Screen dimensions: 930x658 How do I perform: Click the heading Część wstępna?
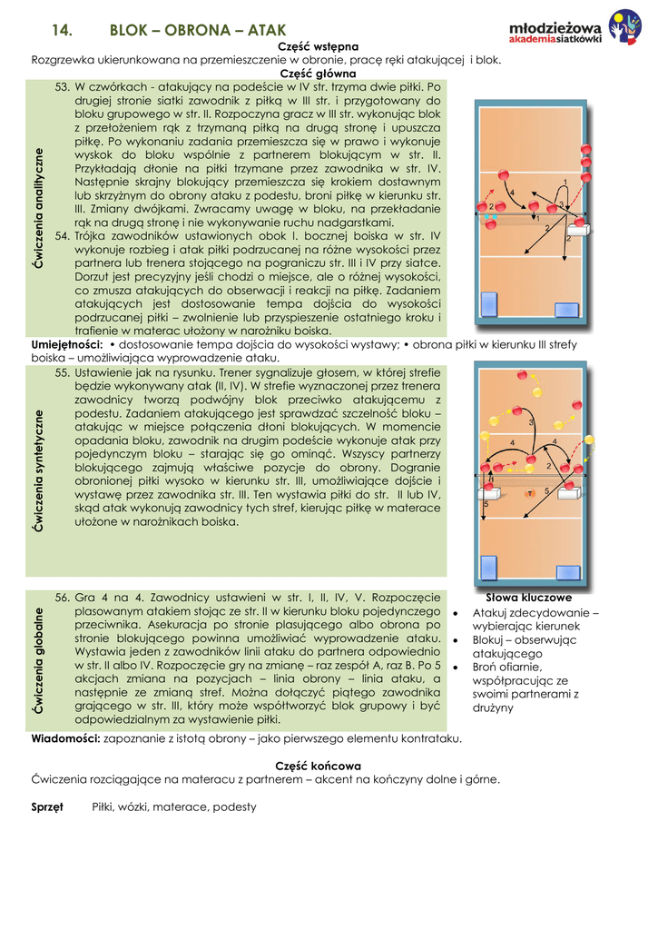pyautogui.click(x=317, y=46)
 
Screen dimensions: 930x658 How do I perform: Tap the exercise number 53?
pyautogui.click(x=63, y=87)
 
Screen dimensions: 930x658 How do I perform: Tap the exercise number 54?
pyautogui.click(x=63, y=235)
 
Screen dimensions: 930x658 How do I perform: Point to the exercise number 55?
pyautogui.click(x=63, y=372)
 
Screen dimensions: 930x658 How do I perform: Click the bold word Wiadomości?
pyautogui.click(x=65, y=738)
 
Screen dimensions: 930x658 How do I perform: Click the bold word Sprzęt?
pyautogui.click(x=47, y=806)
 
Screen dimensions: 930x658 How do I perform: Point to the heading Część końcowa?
pyautogui.click(x=318, y=766)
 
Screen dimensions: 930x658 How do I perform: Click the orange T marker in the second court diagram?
pyautogui.click(x=529, y=493)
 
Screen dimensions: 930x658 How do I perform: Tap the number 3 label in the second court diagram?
pyautogui.click(x=531, y=424)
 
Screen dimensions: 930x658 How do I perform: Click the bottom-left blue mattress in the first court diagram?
pyautogui.click(x=490, y=303)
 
